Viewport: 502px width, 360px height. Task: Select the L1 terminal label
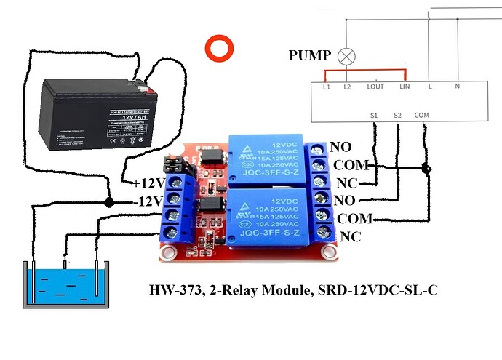coord(326,87)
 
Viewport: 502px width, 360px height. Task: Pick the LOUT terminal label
coord(375,87)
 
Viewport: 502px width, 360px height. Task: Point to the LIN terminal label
coord(405,87)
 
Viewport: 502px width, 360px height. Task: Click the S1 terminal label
coord(374,115)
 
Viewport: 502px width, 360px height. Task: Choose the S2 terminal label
coord(397,115)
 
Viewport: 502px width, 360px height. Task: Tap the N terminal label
coord(457,87)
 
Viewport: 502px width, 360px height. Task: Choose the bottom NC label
coord(350,237)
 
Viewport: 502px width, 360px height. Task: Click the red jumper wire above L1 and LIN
coord(364,71)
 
